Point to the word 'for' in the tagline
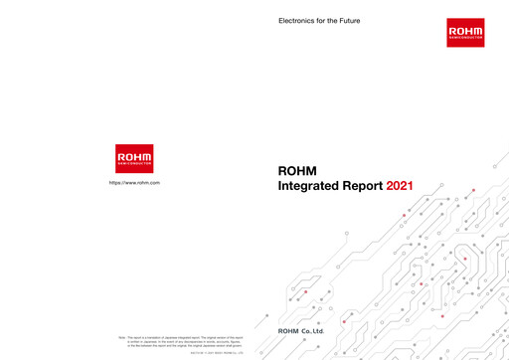point(318,21)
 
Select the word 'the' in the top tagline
point(329,21)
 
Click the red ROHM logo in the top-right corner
point(465,33)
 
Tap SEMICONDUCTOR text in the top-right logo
point(465,40)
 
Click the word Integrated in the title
point(314,186)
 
